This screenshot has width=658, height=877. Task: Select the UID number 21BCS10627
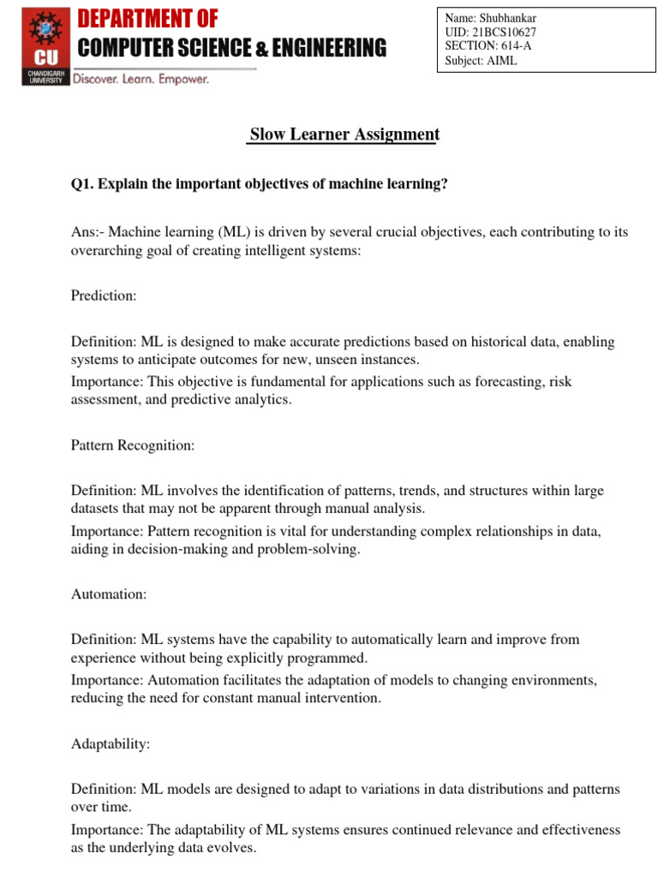coord(505,33)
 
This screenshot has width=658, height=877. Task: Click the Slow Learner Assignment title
coord(344,134)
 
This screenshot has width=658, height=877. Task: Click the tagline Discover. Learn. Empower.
coord(141,79)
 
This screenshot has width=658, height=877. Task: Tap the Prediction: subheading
coord(104,295)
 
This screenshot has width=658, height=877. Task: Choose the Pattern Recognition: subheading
coord(133,445)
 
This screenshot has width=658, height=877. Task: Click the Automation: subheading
coord(109,594)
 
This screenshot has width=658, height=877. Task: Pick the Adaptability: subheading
coord(111,743)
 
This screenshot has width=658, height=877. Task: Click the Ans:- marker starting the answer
coord(87,232)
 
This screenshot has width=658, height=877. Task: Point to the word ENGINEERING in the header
coord(330,48)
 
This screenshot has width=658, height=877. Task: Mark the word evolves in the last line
coord(233,848)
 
